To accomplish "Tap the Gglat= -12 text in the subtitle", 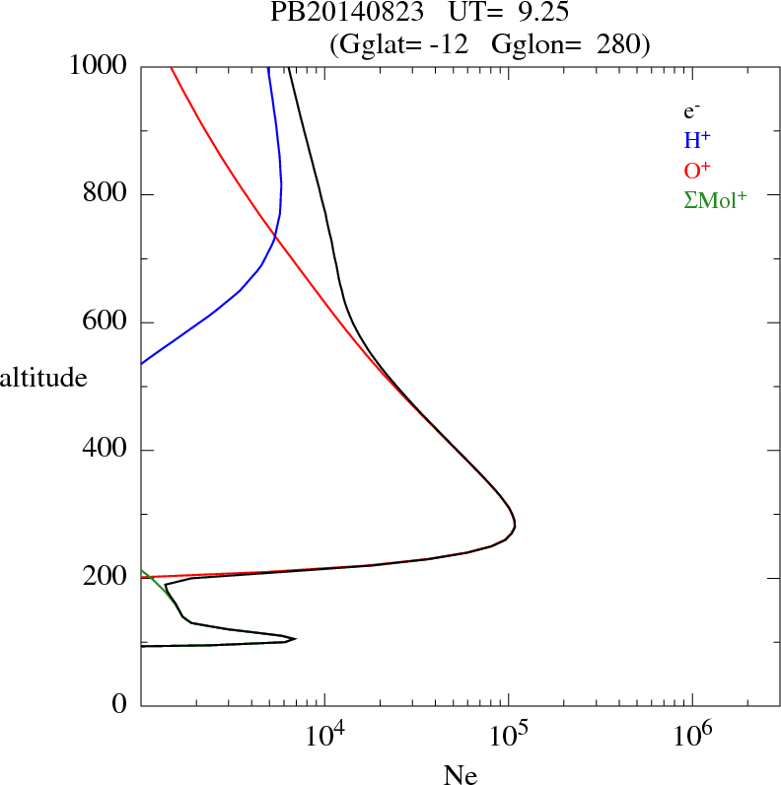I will point(403,44).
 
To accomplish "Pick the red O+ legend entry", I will point(696,171).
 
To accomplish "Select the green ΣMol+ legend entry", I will point(714,200).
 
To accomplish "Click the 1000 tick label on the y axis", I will point(99,66).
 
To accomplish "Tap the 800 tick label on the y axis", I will point(106,194).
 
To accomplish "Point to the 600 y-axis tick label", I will point(106,322).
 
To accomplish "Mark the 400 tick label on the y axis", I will point(106,451).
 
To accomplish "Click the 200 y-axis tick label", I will point(106,578).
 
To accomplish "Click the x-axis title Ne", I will point(460,775).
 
